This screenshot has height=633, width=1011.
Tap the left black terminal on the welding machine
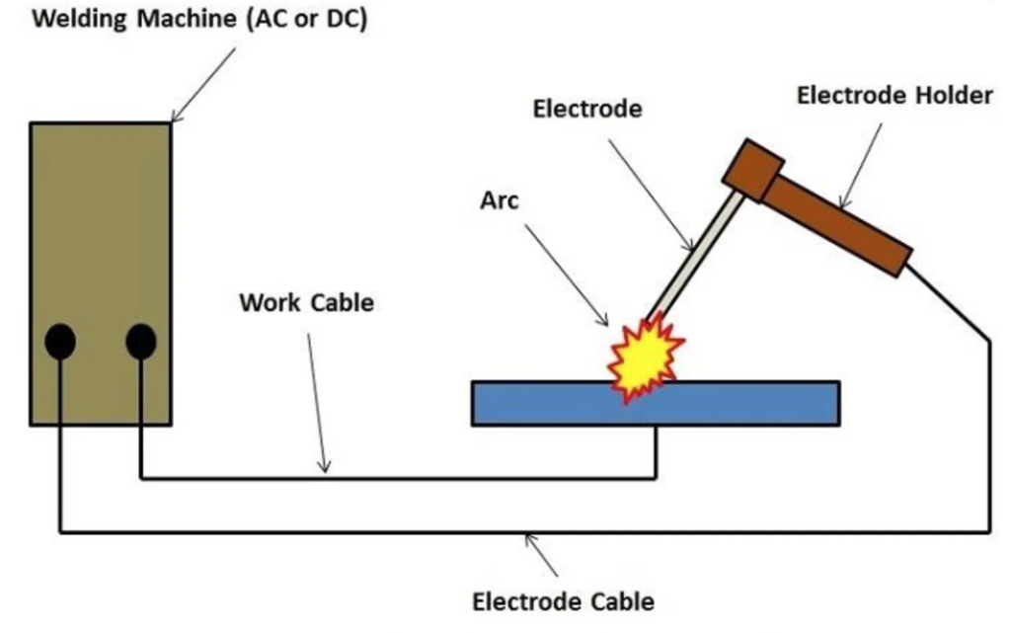tap(60, 342)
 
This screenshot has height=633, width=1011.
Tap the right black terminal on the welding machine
tap(141, 342)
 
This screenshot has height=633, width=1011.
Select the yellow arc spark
tap(644, 359)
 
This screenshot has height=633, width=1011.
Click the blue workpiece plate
tap(750, 403)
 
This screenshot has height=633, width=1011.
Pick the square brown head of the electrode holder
tap(752, 171)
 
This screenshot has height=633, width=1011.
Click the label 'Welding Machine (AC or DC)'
tap(200, 20)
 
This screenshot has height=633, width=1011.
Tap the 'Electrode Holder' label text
tap(894, 96)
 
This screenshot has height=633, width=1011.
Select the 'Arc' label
tap(499, 200)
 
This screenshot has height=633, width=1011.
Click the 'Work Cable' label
tap(306, 302)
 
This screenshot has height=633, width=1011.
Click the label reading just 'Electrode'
tap(587, 109)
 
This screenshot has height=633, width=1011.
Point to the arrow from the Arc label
tap(566, 274)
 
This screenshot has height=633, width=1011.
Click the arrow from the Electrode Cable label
tap(542, 554)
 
